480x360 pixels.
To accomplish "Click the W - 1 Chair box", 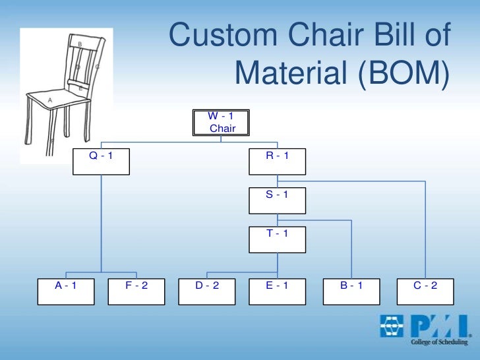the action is pyautogui.click(x=221, y=123).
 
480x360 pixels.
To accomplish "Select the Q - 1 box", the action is pyautogui.click(x=101, y=161).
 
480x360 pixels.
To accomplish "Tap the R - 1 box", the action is pyautogui.click(x=277, y=161).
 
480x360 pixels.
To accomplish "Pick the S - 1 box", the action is pyautogui.click(x=277, y=200).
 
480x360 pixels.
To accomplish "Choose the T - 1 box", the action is pyautogui.click(x=277, y=239).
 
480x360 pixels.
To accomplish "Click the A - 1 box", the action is pyautogui.click(x=66, y=291).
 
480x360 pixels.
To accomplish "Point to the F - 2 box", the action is pyautogui.click(x=136, y=291).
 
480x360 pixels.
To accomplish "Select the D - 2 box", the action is pyautogui.click(x=207, y=291).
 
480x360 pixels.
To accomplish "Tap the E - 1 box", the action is pyautogui.click(x=277, y=291).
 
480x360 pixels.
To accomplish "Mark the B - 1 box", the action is pyautogui.click(x=351, y=291).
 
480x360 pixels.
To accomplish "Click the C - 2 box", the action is pyautogui.click(x=425, y=291).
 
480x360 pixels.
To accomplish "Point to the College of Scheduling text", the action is pyautogui.click(x=439, y=342).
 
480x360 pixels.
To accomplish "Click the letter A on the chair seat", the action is pyautogui.click(x=49, y=100).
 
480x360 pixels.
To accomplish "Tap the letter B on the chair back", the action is pyautogui.click(x=80, y=44).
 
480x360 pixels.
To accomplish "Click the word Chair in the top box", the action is pyautogui.click(x=222, y=129).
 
